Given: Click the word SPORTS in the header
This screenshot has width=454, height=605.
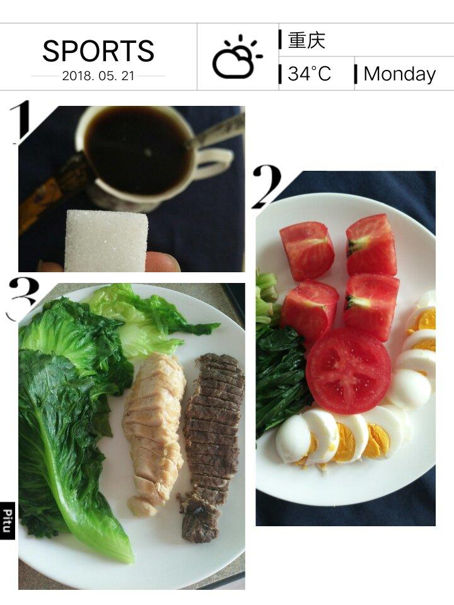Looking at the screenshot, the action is tap(98, 50).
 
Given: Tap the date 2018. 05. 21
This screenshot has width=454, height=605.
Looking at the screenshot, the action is tap(98, 76).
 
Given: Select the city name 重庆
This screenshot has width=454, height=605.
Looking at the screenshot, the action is tap(306, 40).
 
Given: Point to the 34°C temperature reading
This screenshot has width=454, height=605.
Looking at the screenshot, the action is tap(309, 73).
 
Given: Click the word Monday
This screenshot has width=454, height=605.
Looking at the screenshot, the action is tap(400, 74).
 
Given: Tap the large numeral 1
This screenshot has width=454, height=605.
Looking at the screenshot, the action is tap(20, 122).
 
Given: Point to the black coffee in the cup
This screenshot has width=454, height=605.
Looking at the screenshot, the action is tap(138, 151).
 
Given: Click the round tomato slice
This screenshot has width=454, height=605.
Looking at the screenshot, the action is tap(349, 371).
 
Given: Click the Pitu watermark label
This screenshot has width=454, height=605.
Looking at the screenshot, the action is tap(8, 521).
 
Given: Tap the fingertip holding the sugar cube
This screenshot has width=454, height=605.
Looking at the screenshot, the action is tap(162, 262).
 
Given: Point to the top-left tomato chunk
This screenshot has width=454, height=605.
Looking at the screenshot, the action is tap(307, 251).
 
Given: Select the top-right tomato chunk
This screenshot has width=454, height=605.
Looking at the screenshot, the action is tap(371, 245).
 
